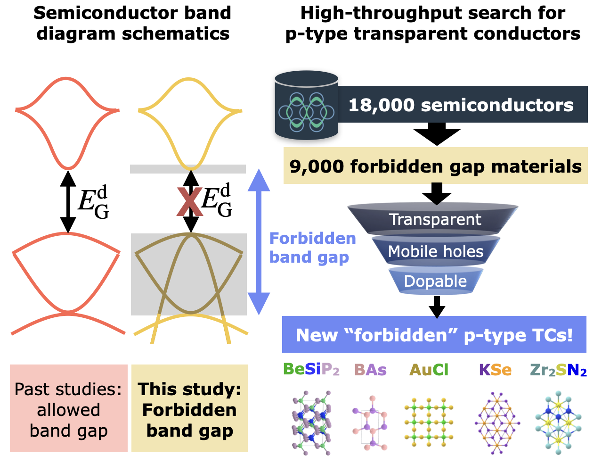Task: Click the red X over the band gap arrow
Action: tap(189, 202)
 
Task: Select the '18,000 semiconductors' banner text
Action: tap(461, 105)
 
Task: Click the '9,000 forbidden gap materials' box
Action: tap(435, 166)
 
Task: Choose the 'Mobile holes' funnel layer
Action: tap(435, 251)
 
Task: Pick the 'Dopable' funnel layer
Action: tap(435, 281)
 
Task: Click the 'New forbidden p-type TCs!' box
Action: tap(434, 335)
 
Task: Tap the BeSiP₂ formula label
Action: tap(311, 370)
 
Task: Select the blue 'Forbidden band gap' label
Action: tap(312, 248)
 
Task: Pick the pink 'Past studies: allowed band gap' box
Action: tap(68, 408)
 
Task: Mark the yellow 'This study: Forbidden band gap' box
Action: tap(189, 408)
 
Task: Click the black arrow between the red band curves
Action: tap(68, 202)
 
